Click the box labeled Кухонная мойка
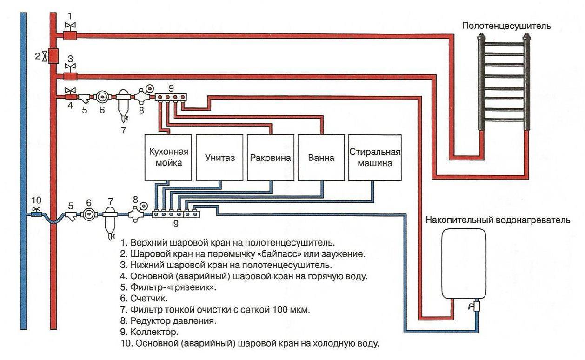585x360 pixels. [168, 158]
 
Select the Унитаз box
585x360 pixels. [219, 158]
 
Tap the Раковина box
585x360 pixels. [270, 158]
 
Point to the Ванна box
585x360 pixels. [321, 158]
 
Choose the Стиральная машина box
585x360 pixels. [375, 158]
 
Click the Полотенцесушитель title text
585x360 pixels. [506, 26]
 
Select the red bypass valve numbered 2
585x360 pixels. [53, 56]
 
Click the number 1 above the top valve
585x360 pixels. [70, 16]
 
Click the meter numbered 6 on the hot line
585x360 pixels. [101, 97]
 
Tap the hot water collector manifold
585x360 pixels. [172, 97]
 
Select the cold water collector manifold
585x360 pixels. [176, 214]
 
